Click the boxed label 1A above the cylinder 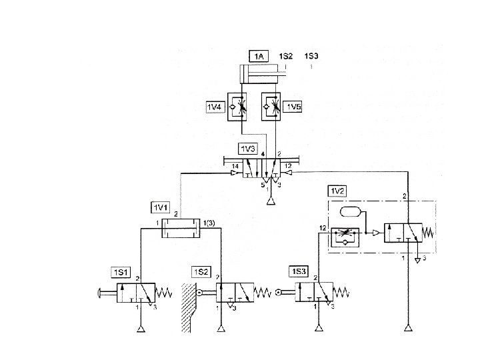[259, 57]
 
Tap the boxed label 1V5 [294, 106]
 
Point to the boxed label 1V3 [247, 147]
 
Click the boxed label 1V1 [161, 205]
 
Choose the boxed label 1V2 [337, 191]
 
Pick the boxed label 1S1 [121, 272]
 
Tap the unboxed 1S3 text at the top [311, 57]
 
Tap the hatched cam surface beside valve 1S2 [187, 307]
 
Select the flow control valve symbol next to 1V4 [238, 107]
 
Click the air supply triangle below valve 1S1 [141, 328]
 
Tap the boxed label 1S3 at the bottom [299, 272]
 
